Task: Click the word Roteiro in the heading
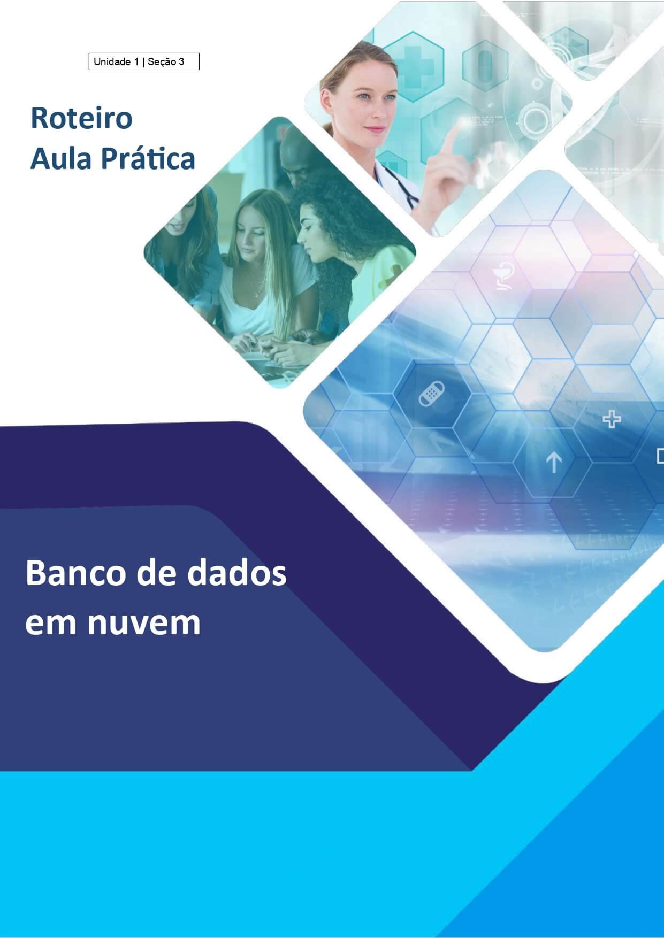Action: pyautogui.click(x=81, y=119)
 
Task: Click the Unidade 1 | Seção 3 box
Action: pyautogui.click(x=144, y=61)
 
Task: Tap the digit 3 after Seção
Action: pyautogui.click(x=181, y=62)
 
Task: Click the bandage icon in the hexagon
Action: pyautogui.click(x=431, y=394)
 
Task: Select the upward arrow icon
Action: pyautogui.click(x=553, y=462)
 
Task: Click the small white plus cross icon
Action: pyautogui.click(x=612, y=419)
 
